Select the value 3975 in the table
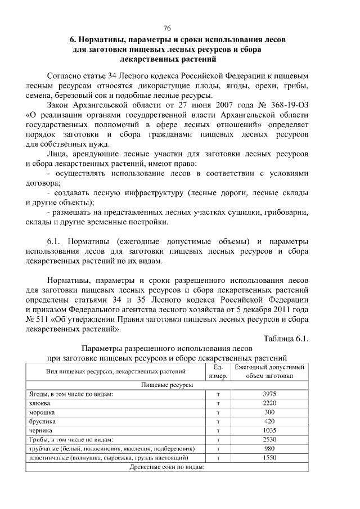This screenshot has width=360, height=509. click(269, 394)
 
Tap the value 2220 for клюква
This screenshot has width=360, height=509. click(269, 403)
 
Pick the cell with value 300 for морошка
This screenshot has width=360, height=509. click(269, 412)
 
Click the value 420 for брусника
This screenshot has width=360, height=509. click(269, 421)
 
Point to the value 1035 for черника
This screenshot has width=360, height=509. click(269, 430)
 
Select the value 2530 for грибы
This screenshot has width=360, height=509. click(269, 439)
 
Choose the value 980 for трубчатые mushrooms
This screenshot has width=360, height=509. click(269, 448)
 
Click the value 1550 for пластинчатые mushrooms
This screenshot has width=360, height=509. click(269, 458)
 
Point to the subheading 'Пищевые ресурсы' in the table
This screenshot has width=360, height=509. click(166, 385)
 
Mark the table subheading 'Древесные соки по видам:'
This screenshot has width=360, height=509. click(166, 467)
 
